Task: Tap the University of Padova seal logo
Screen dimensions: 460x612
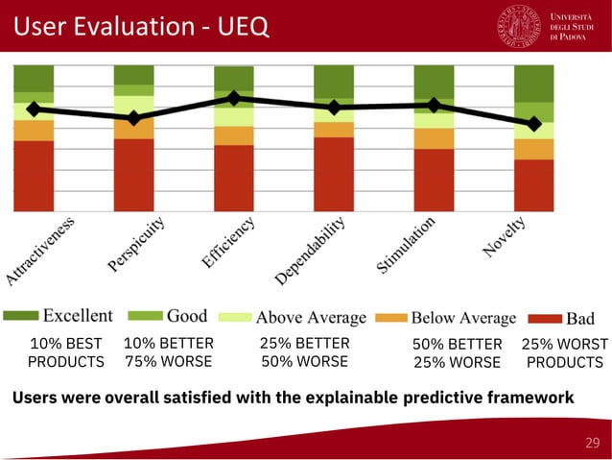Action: [x=519, y=26]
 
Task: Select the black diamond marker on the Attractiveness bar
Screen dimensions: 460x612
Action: [x=34, y=109]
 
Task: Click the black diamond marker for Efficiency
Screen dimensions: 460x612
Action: [x=233, y=98]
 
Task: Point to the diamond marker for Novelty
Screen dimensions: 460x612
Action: [x=533, y=123]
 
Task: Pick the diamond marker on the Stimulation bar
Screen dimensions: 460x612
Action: [x=434, y=105]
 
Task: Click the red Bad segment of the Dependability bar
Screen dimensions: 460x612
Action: [x=334, y=173]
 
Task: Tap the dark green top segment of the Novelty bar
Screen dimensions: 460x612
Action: [x=533, y=83]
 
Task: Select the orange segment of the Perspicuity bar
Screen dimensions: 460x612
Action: [x=133, y=129]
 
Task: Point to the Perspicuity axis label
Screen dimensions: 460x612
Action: [x=137, y=245]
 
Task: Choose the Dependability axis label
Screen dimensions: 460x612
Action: [x=311, y=251]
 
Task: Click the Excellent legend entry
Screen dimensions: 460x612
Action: [x=78, y=316]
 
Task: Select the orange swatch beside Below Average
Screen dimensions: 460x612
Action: [x=391, y=317]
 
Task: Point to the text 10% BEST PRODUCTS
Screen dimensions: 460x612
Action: [x=65, y=352]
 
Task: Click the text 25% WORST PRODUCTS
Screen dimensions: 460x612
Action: [x=564, y=352]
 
